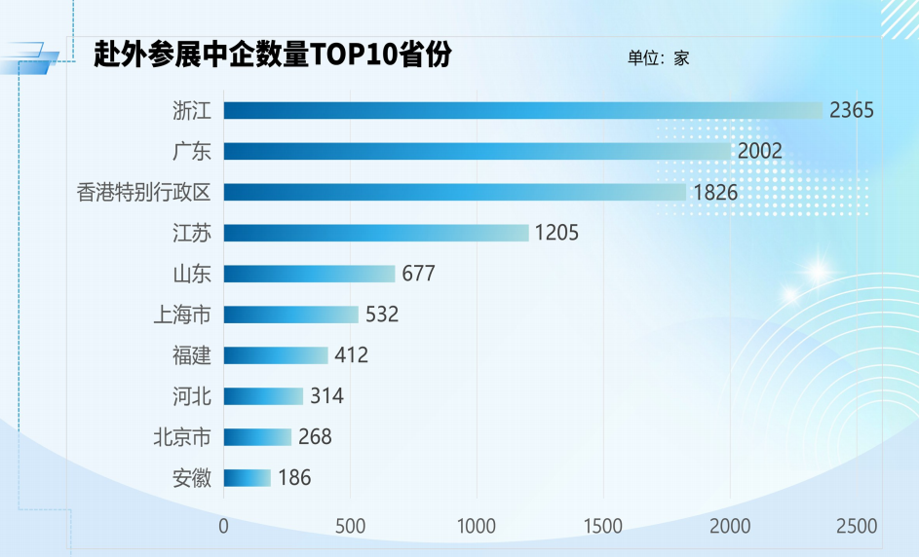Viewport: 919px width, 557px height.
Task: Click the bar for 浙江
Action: [523, 110]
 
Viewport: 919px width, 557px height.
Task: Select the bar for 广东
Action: [478, 151]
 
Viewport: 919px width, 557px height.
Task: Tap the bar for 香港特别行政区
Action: [455, 192]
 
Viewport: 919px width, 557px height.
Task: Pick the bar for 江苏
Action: [376, 233]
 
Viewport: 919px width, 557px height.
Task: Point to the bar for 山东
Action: [309, 274]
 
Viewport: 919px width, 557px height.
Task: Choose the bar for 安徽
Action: [248, 477]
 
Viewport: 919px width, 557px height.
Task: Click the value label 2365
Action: [852, 110]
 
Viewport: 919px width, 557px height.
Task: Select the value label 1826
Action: [715, 192]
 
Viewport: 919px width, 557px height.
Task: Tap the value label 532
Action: [382, 315]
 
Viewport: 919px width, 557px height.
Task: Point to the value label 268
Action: [315, 437]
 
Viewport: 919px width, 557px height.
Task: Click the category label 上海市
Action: [182, 315]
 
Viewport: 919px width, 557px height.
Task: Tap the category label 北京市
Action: [182, 437]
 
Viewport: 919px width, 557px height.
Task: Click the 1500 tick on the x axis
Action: [603, 527]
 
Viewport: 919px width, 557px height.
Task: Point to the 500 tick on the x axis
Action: [351, 527]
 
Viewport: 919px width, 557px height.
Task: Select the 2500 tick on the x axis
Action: [857, 527]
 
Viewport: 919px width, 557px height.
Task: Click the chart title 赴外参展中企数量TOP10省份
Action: [273, 56]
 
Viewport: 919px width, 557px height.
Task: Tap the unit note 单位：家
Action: [658, 58]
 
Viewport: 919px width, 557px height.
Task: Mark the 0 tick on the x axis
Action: [224, 527]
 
